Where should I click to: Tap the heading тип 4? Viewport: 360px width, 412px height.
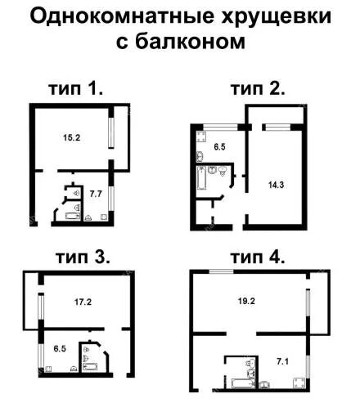(257, 257)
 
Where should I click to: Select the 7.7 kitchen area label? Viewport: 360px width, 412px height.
(95, 194)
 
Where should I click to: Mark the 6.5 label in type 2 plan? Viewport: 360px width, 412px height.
(218, 147)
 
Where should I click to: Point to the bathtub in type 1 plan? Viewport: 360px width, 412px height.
(62, 216)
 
